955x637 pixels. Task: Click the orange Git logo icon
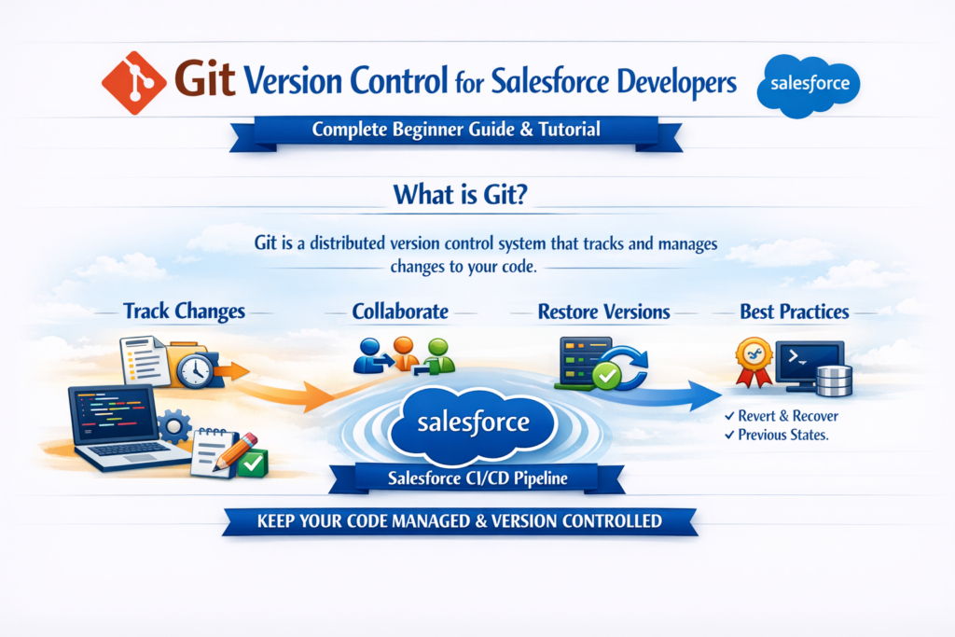pyautogui.click(x=134, y=81)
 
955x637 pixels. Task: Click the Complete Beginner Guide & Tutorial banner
pyautogui.click(x=456, y=131)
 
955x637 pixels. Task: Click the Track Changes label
pyautogui.click(x=184, y=311)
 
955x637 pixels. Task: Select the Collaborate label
pyautogui.click(x=400, y=311)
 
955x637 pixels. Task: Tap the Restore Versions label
pyautogui.click(x=603, y=312)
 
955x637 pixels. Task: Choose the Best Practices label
pyautogui.click(x=794, y=311)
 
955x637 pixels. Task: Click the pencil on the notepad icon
pyautogui.click(x=237, y=447)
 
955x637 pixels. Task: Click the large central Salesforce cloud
pyautogui.click(x=474, y=423)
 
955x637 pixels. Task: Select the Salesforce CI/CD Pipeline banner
pyautogui.click(x=477, y=480)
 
